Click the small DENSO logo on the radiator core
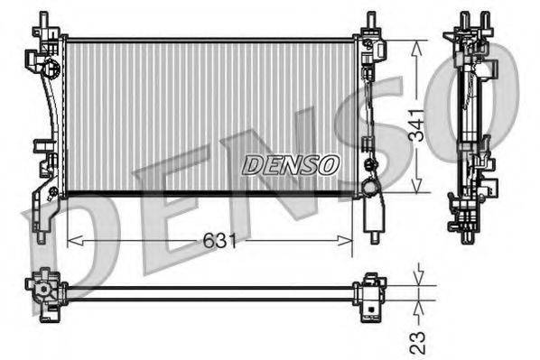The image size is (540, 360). pos(291,165)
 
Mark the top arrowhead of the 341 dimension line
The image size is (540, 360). pos(415,46)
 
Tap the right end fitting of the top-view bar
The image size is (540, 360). pos(371,292)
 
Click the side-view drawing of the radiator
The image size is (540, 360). pos(470,126)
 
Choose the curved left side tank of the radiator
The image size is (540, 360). pos(50,117)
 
